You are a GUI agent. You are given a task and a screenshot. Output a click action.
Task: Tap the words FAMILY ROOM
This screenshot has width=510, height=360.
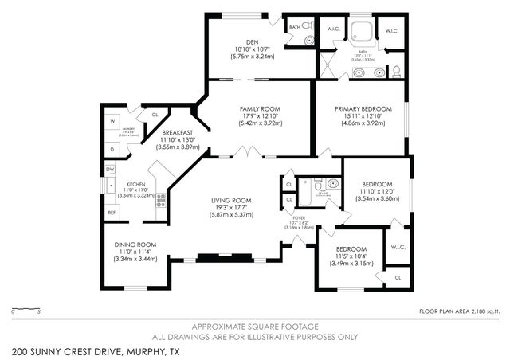tap(260, 108)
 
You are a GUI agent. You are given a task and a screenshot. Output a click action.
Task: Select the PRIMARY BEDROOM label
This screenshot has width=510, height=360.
tap(363, 108)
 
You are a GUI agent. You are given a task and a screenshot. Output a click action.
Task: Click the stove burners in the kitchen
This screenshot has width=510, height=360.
tap(160, 201)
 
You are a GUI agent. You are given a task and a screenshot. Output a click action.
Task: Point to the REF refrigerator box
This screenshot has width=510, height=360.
tap(112, 213)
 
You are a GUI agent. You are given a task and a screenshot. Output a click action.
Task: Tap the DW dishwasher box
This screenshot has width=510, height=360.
tap(112, 168)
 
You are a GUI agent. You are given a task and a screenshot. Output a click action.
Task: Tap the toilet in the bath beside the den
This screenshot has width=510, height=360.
tap(310, 41)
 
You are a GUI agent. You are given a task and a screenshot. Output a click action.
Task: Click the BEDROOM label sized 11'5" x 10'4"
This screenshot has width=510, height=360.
tap(351, 249)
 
